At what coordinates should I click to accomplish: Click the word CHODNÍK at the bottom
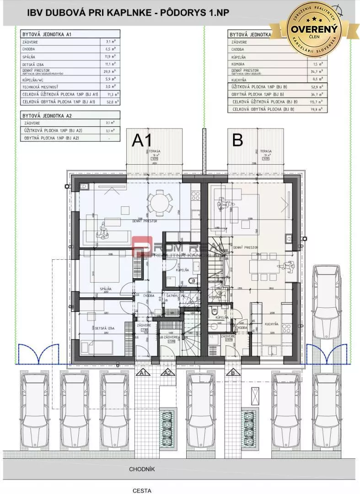pyautogui.click(x=142, y=469)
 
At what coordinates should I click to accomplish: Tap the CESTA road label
pyautogui.click(x=142, y=490)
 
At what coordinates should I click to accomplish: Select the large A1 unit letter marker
pyautogui.click(x=145, y=140)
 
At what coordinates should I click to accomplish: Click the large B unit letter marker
pyautogui.click(x=237, y=140)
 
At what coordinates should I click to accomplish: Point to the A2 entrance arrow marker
pyautogui.click(x=168, y=373)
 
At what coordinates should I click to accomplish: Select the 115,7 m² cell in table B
pyautogui.click(x=315, y=101)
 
